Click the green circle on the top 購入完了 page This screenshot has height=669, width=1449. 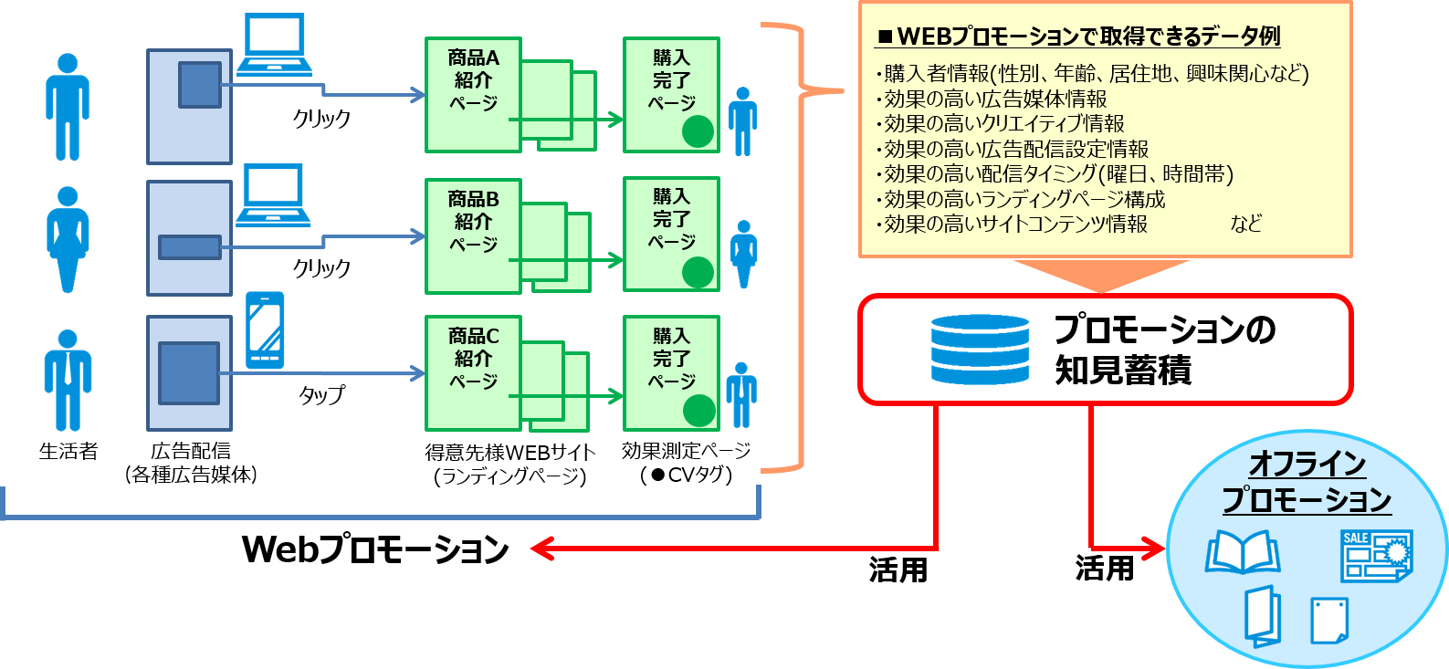click(698, 131)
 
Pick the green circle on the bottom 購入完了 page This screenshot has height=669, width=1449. click(698, 411)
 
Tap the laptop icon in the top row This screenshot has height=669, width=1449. click(274, 45)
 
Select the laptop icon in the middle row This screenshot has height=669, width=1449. click(273, 195)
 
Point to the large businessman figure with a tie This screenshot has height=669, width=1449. click(68, 380)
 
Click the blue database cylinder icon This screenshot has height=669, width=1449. click(980, 350)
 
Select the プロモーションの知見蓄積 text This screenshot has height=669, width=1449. click(1164, 350)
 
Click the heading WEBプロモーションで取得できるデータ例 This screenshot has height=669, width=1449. click(1078, 37)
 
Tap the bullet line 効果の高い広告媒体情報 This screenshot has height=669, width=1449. click(995, 99)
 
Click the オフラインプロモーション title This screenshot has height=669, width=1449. click(1307, 482)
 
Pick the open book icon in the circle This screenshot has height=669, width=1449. click(1243, 552)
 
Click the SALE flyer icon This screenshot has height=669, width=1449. click(1376, 555)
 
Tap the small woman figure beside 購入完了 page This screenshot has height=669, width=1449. click(744, 254)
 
